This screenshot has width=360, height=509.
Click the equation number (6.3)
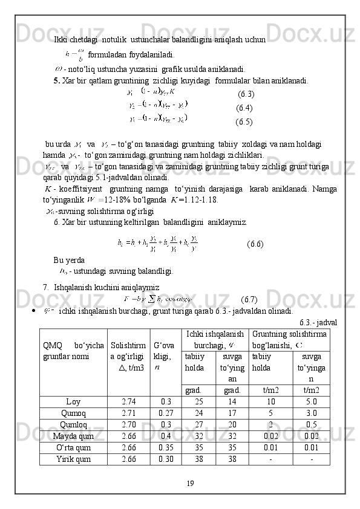tap(246, 94)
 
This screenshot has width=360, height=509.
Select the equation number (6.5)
tap(244, 122)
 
